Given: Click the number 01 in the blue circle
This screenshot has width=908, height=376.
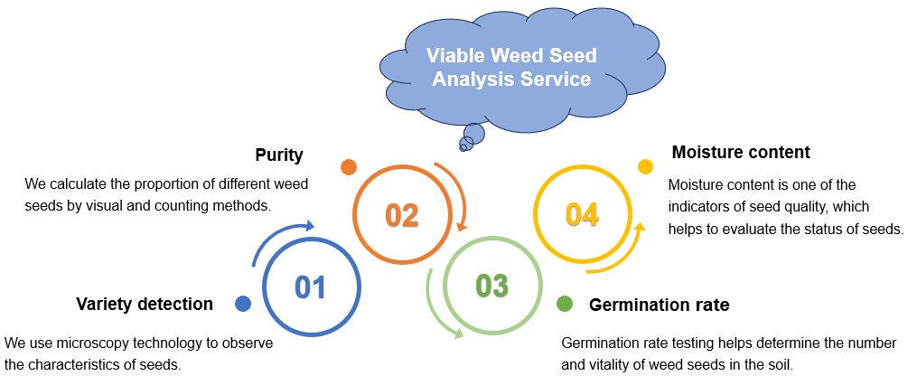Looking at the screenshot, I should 309,287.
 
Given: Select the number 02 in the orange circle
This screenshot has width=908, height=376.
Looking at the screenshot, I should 401,215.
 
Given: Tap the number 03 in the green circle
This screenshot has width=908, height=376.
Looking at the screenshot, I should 492,286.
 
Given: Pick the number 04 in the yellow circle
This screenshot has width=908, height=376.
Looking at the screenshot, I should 583,215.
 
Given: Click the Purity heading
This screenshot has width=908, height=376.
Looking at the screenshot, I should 278,155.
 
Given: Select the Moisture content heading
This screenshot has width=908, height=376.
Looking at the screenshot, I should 741,152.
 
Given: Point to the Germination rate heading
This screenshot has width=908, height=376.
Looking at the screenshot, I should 659,305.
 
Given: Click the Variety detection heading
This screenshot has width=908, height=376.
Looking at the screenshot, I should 145,304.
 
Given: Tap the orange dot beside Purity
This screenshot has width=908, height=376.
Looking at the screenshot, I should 348,167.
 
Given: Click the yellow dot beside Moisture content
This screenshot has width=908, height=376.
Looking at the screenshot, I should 645,166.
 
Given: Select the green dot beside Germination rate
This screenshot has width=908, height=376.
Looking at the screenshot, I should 565,304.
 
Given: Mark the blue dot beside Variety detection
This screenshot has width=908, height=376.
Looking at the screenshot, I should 242,304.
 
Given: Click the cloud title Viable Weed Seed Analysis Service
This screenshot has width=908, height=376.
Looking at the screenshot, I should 510,68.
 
